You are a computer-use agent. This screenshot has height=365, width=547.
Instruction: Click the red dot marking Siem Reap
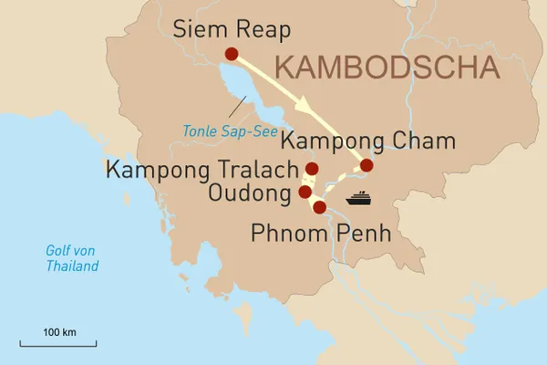(x=231, y=54)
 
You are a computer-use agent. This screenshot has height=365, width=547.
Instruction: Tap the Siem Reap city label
(x=232, y=30)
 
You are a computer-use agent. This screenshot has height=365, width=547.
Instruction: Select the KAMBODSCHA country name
(x=387, y=68)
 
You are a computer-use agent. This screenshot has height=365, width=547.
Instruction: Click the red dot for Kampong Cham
(x=366, y=166)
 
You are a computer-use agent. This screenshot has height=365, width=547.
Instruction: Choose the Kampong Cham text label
(x=367, y=142)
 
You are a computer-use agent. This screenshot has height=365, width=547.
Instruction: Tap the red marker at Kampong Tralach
(x=312, y=169)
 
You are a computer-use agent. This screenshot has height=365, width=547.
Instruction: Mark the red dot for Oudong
(x=305, y=192)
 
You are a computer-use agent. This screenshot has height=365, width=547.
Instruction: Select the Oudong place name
(x=249, y=193)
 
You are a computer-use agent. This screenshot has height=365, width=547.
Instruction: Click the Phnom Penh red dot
(x=319, y=207)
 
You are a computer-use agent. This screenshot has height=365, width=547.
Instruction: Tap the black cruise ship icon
(x=357, y=197)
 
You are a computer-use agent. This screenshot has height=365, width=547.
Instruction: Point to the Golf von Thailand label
(x=72, y=258)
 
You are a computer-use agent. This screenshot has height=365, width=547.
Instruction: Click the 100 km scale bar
(x=57, y=344)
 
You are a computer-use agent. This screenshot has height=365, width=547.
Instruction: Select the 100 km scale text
(x=57, y=329)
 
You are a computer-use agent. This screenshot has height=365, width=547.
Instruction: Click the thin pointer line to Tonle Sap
(x=238, y=106)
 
